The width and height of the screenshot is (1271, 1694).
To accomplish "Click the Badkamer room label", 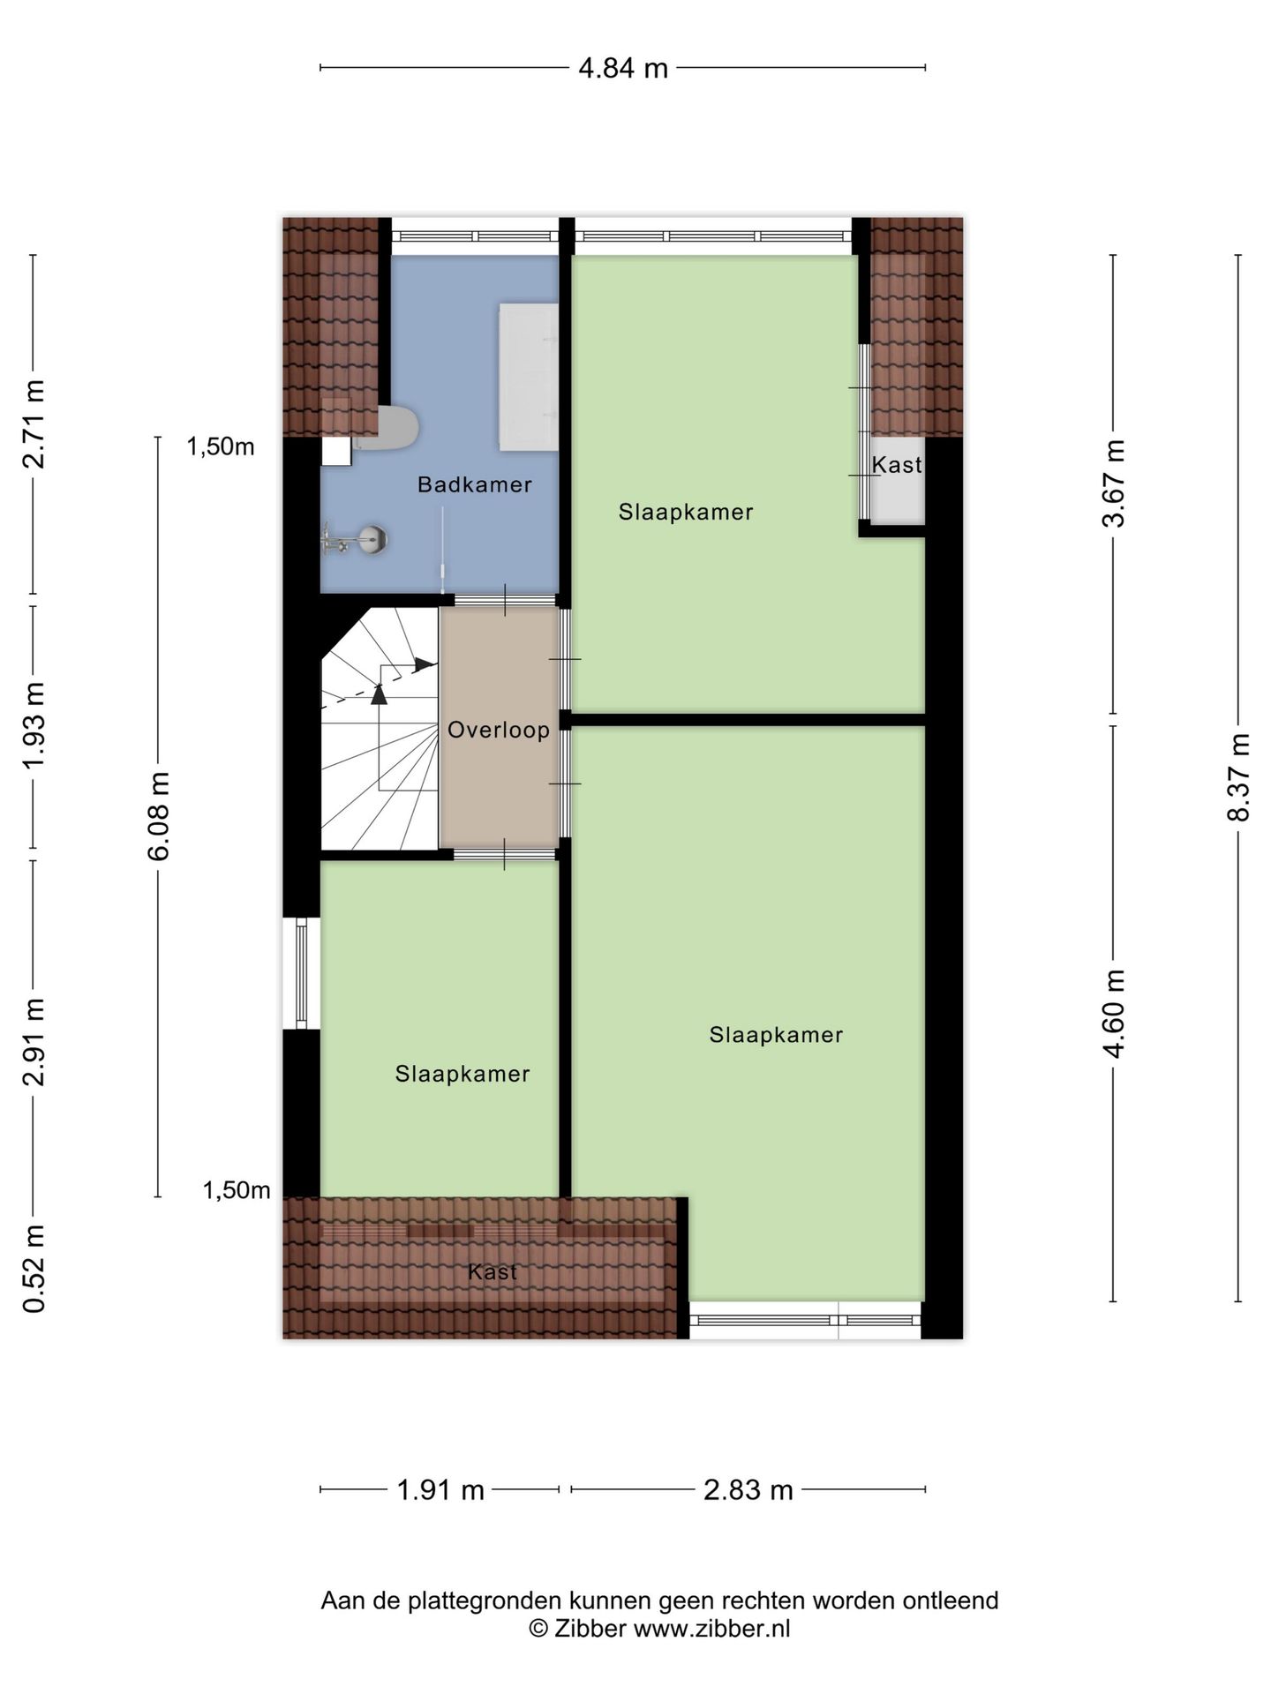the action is [x=474, y=484].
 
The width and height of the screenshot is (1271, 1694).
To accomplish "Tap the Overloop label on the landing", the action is [x=499, y=730].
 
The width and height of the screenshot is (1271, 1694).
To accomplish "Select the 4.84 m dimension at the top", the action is [x=623, y=68].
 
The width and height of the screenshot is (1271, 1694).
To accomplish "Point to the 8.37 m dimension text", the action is [x=1238, y=777].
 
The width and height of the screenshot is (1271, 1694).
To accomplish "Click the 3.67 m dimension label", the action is [x=1114, y=483].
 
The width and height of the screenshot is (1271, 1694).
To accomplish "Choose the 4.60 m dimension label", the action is [x=1114, y=1013].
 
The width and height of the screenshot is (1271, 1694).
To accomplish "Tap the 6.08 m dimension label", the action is [x=159, y=816].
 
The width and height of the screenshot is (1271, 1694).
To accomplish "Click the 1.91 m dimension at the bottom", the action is [x=440, y=1490].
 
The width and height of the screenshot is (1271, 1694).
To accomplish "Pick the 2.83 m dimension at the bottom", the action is [x=748, y=1490].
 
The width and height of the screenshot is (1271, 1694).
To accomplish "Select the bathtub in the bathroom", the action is [x=529, y=378].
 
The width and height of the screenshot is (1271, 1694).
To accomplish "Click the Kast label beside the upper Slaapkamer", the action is [x=897, y=465].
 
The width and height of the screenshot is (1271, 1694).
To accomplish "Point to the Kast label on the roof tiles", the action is [x=493, y=1271].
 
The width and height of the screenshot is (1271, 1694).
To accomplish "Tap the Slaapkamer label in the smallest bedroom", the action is [x=463, y=1074].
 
